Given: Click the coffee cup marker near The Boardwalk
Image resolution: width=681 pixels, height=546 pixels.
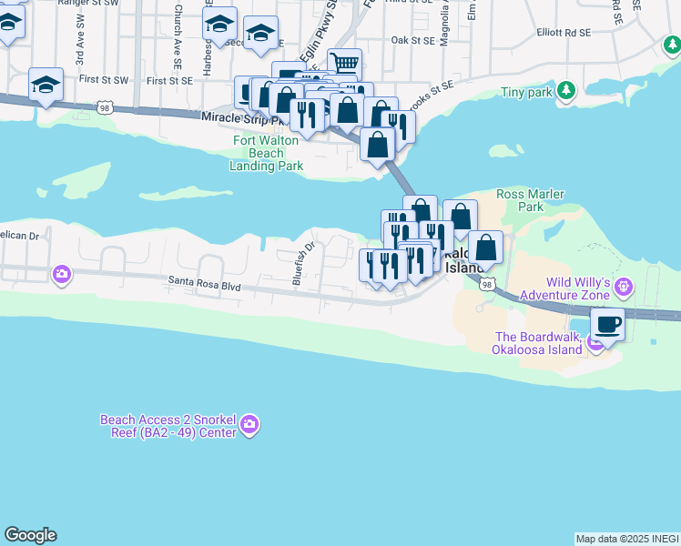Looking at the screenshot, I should (x=607, y=323).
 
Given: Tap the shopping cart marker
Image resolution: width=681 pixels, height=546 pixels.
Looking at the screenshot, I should (x=344, y=64).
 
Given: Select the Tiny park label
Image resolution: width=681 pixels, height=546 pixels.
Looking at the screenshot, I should (x=525, y=92).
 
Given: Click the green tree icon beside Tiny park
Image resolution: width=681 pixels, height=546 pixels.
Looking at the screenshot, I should (x=566, y=90).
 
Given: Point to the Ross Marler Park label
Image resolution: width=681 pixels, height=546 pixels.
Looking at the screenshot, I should (x=531, y=200).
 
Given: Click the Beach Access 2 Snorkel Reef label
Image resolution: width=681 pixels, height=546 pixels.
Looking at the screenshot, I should (x=168, y=426).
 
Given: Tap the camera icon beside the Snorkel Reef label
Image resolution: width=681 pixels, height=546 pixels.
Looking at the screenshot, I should (x=249, y=425).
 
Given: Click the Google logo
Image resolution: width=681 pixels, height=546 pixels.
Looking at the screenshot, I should (x=30, y=535).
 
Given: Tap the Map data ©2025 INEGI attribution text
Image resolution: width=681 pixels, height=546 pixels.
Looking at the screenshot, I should (x=627, y=539).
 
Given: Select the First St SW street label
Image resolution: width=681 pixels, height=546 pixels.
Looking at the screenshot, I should (x=104, y=80).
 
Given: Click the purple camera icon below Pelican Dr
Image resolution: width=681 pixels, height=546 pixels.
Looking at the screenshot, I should (x=62, y=273).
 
